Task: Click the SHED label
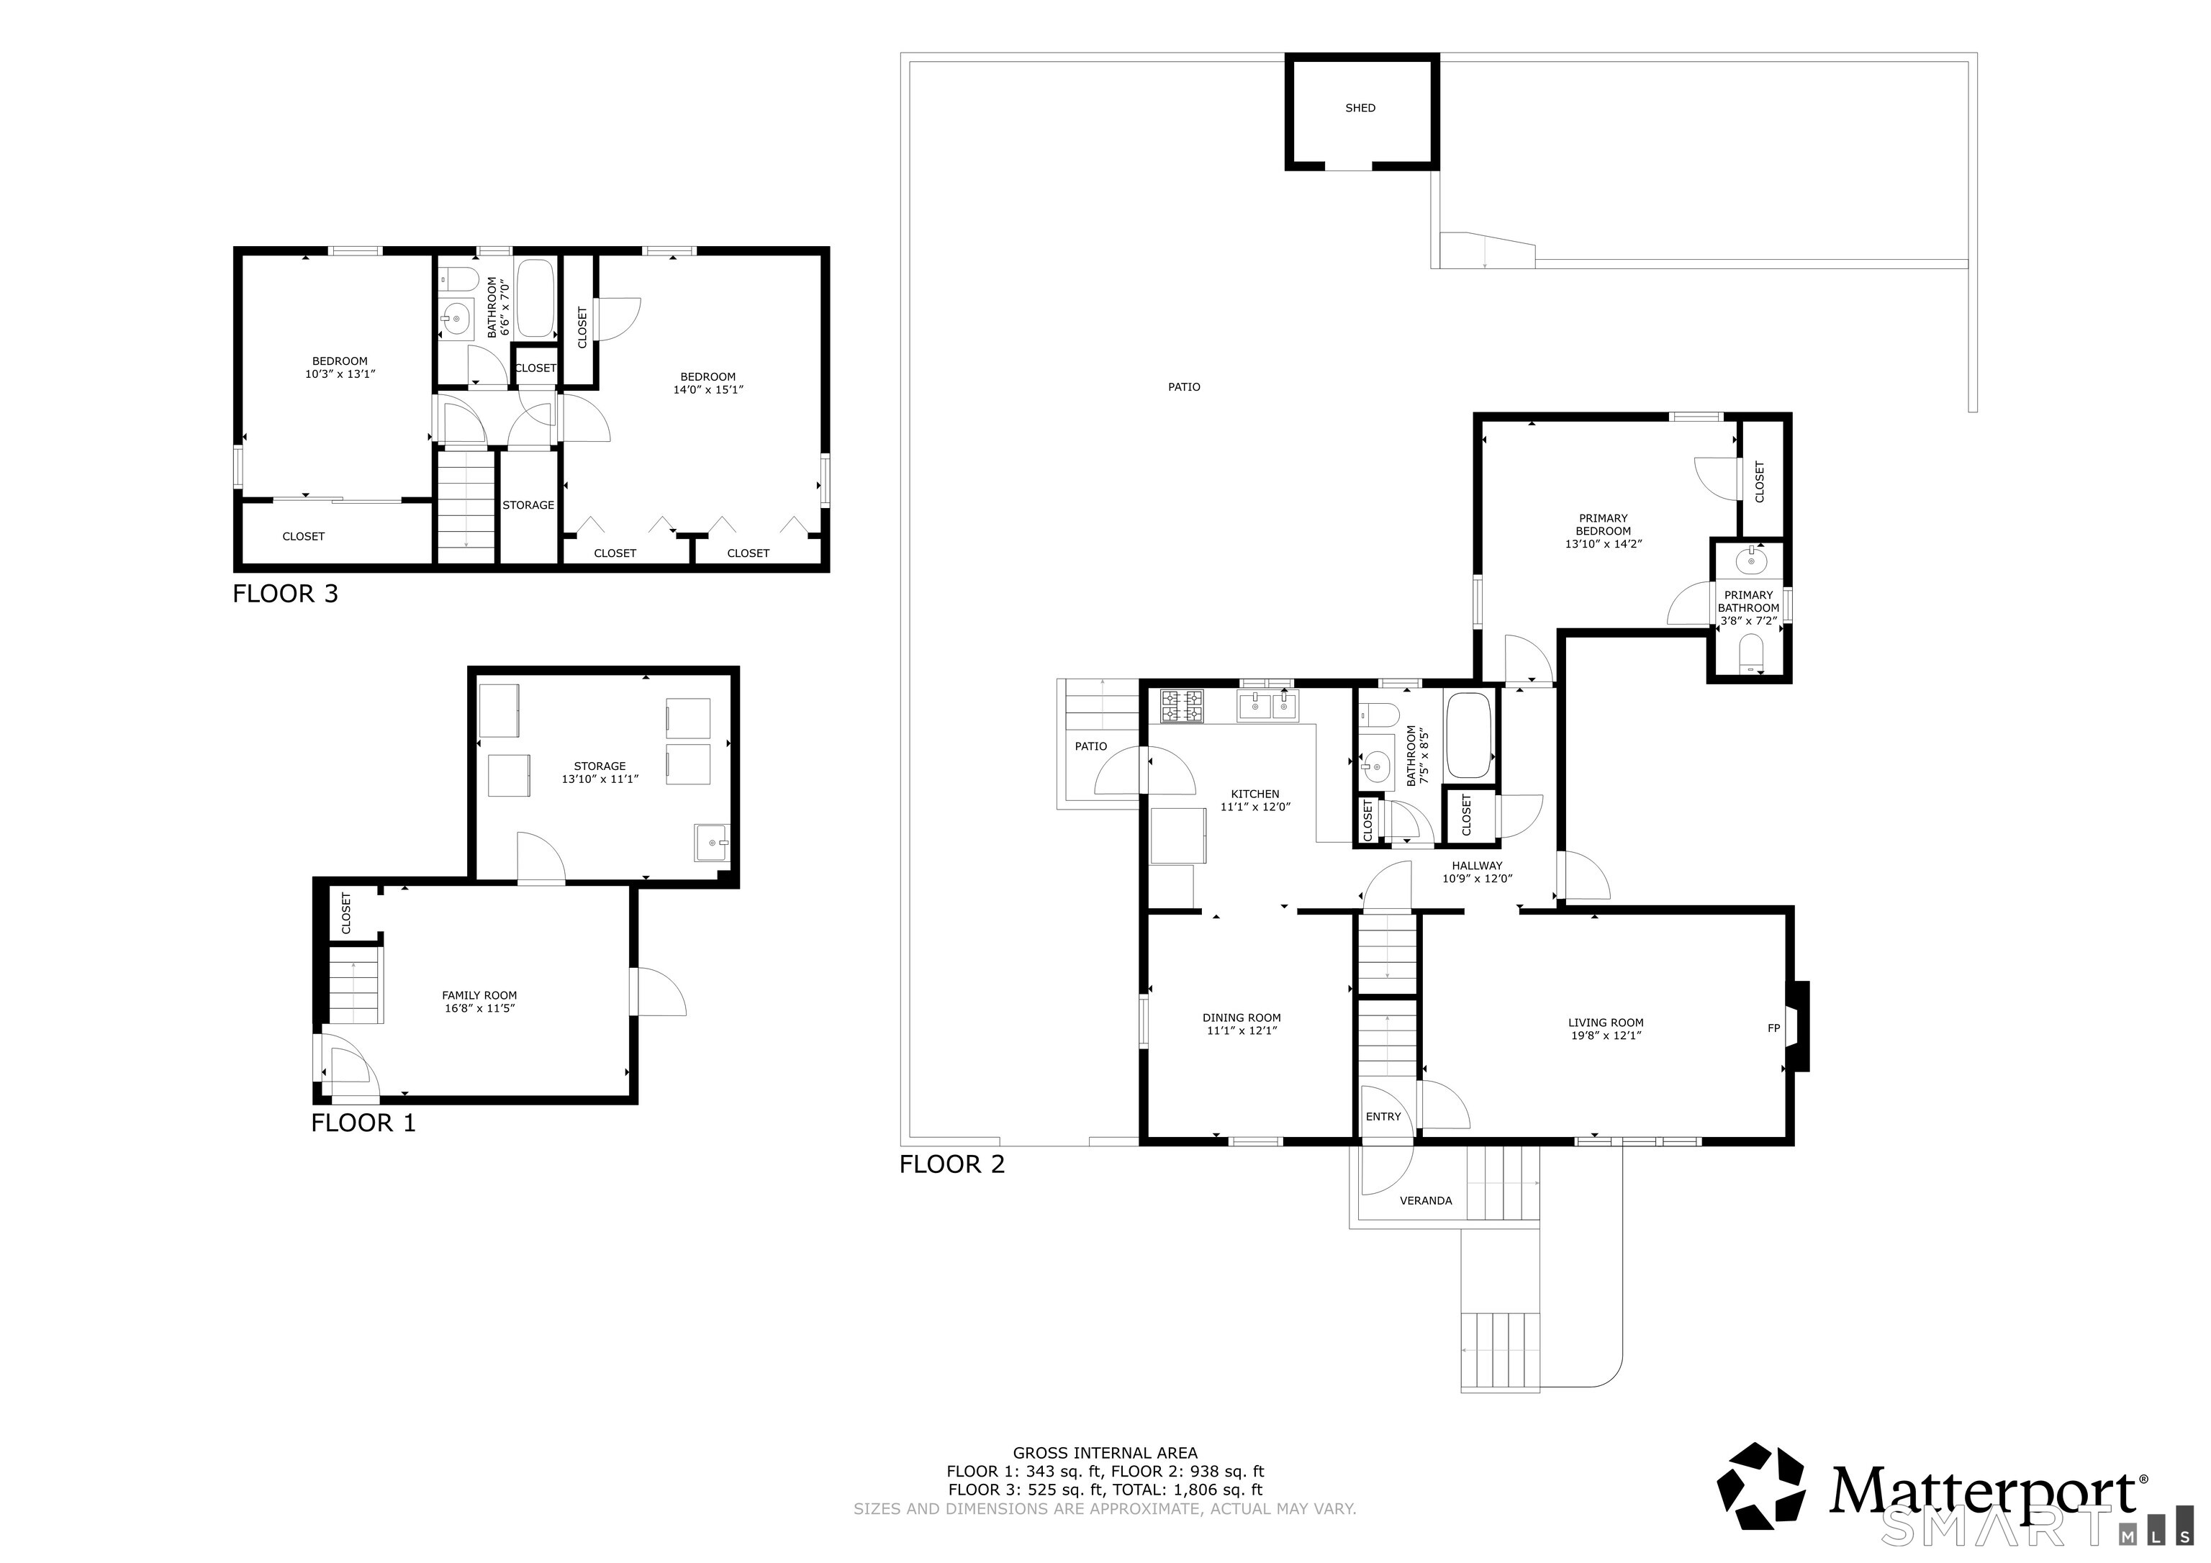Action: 1360,108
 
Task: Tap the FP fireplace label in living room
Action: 1773,1028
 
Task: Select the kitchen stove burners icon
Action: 1182,706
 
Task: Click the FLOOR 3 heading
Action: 285,594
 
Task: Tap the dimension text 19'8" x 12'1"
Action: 1605,1036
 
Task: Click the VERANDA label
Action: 1425,1201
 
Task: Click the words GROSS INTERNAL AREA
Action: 1105,1453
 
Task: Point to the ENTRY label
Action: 1383,1117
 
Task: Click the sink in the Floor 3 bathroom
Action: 456,317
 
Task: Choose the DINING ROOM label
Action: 1242,1018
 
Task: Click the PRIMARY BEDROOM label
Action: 1602,525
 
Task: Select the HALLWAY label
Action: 1476,866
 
